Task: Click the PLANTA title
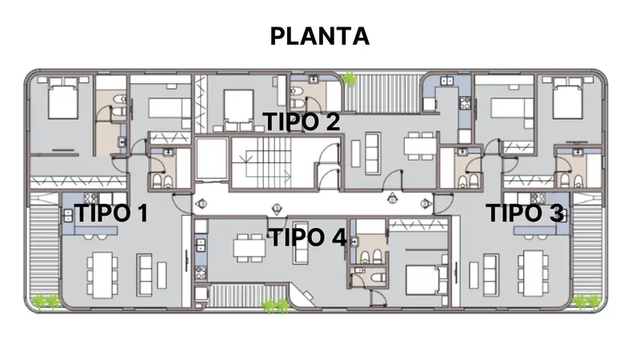point(319,36)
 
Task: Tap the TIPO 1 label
point(111,213)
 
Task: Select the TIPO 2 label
point(302,122)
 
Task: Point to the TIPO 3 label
point(525,213)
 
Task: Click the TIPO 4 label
point(308,237)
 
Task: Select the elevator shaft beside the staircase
point(211,158)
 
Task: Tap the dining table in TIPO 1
point(102,274)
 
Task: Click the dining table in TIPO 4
point(249,248)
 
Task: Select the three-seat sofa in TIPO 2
point(373,153)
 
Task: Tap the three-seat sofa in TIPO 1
point(144,275)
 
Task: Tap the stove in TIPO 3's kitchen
point(538,198)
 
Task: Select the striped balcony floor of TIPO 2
point(382,93)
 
